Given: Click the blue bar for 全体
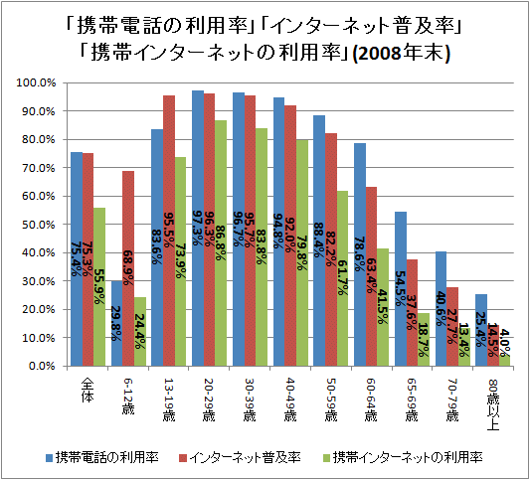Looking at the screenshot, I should (77, 258).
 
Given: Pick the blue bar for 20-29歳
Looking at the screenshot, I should (198, 228).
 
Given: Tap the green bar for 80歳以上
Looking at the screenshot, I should (506, 360).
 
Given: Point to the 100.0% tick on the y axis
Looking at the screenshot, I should (39, 82).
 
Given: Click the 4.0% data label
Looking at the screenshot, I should (505, 341).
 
